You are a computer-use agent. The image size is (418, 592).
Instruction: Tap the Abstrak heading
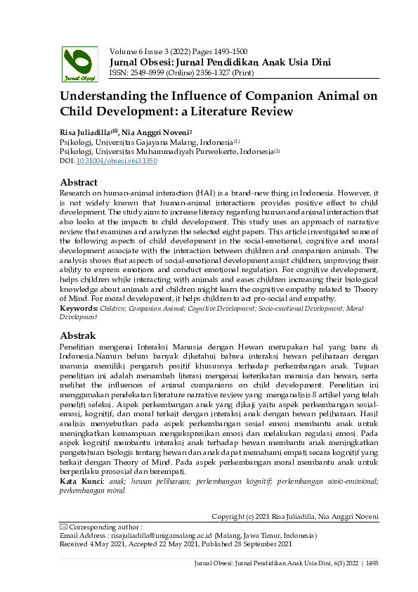(79, 335)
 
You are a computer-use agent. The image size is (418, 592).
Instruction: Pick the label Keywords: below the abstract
(79, 309)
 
